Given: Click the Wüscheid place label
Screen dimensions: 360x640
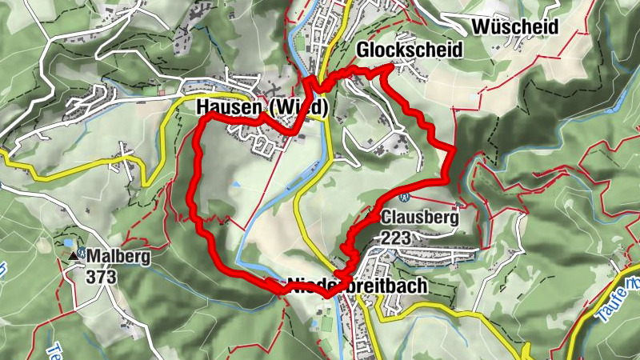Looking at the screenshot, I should [514, 26].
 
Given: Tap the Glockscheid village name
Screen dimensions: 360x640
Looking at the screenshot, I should [409, 50].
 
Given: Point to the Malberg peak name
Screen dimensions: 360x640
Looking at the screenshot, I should [119, 257].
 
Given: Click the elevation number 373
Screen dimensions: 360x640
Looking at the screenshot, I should [103, 277].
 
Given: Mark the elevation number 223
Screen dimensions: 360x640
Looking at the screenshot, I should [398, 237].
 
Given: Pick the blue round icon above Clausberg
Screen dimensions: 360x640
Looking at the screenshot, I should [404, 196].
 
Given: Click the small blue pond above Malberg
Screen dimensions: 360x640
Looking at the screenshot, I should [67, 242].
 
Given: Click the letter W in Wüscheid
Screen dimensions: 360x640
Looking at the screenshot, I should [481, 26].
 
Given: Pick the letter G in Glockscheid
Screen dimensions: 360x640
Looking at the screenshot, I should [361, 50].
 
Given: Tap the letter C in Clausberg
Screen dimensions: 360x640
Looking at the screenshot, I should [387, 217].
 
